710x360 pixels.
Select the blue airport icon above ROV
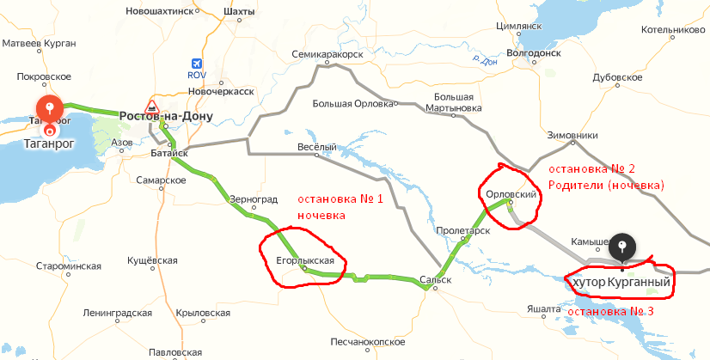pos(198,64)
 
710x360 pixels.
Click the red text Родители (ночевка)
pos(606,185)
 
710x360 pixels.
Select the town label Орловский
pos(511,195)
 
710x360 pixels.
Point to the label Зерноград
pos(254,198)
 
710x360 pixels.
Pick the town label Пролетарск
pos(462,231)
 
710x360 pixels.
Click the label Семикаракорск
pos(327,53)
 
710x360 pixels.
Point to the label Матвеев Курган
pos(40,42)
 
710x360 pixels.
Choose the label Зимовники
pos(572,136)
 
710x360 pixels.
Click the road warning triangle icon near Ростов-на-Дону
pos(152,107)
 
